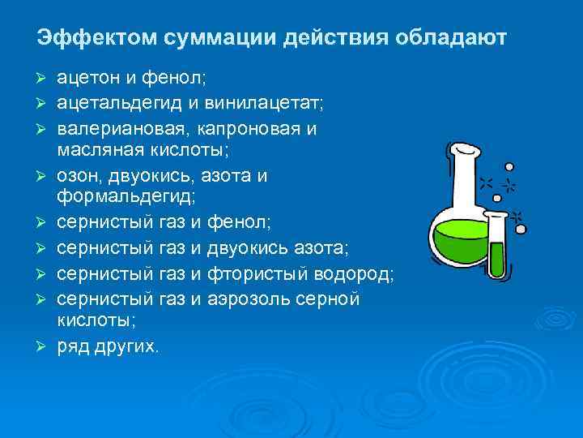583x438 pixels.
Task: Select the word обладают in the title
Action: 450,38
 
